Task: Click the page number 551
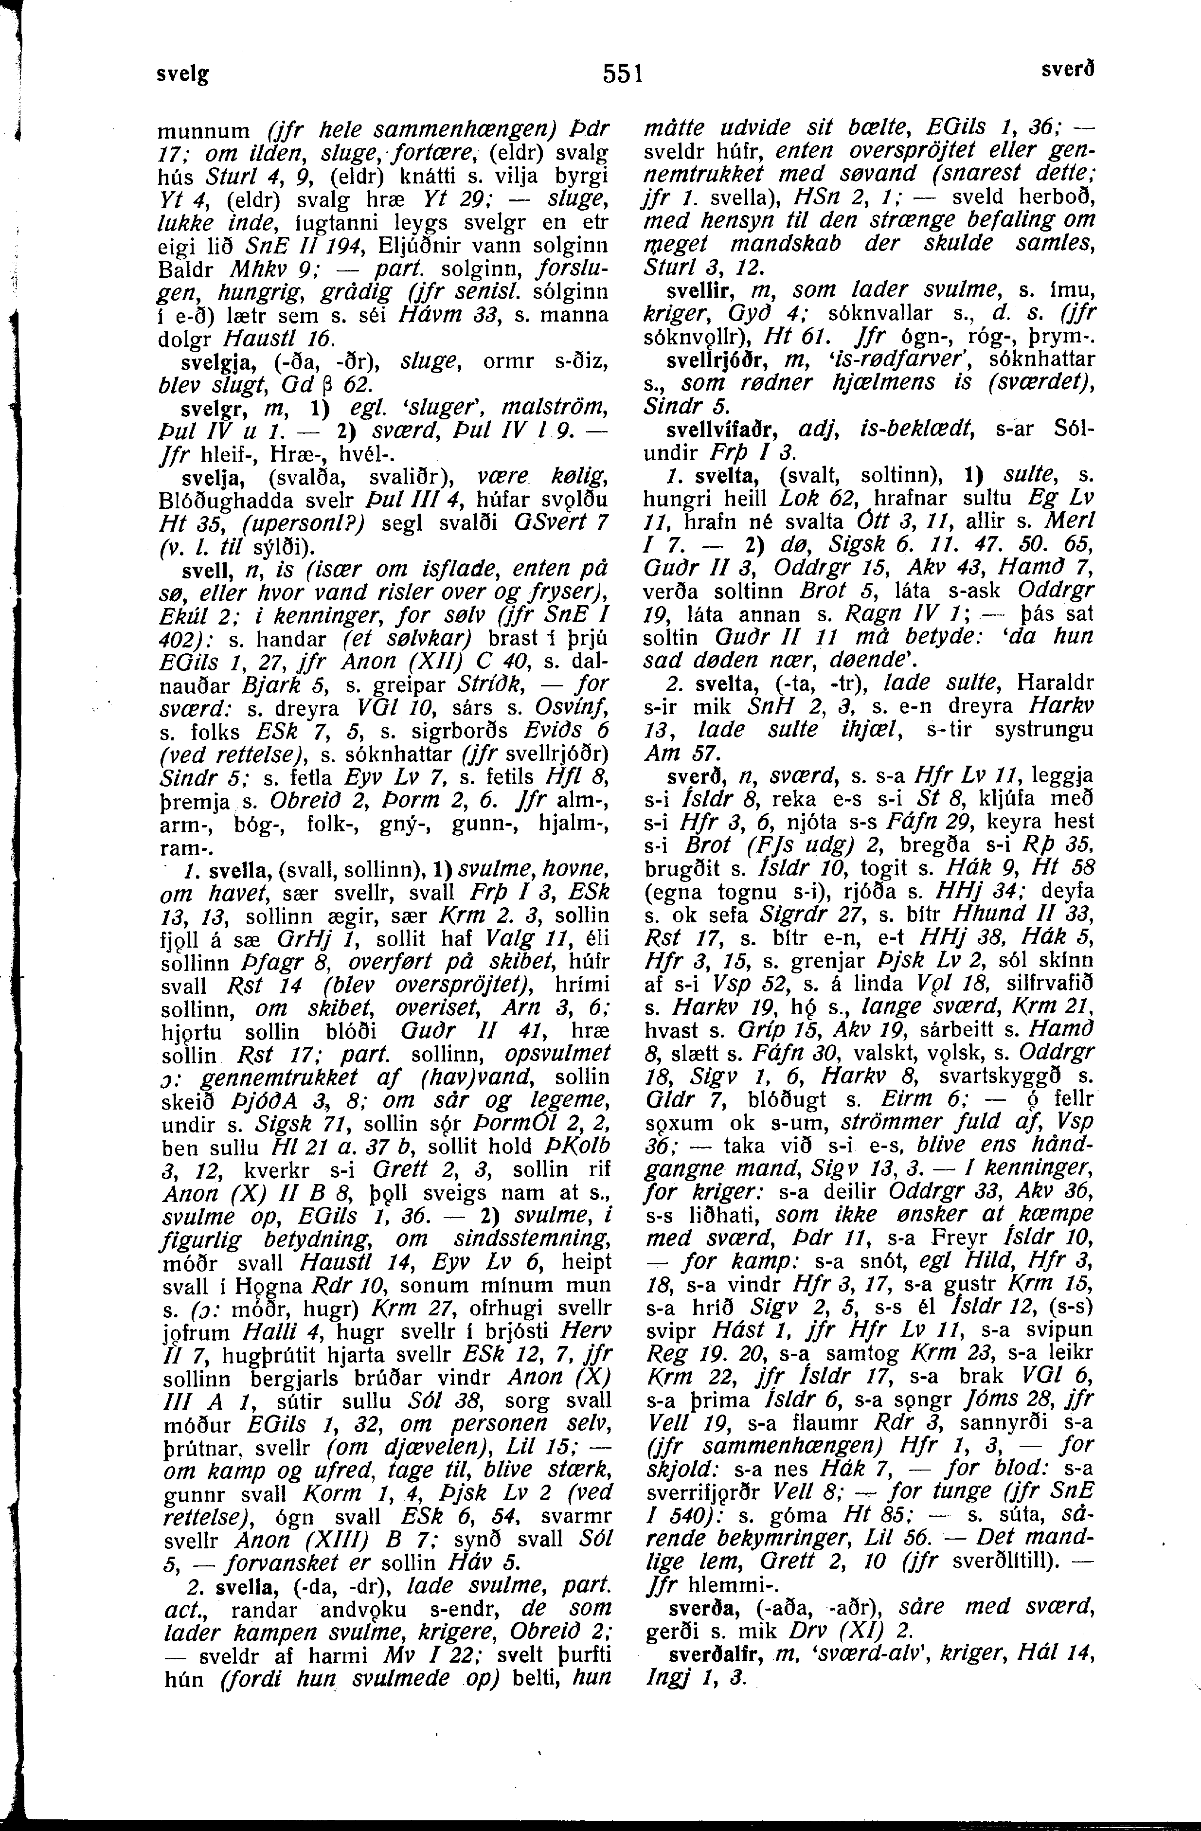coord(623,74)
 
